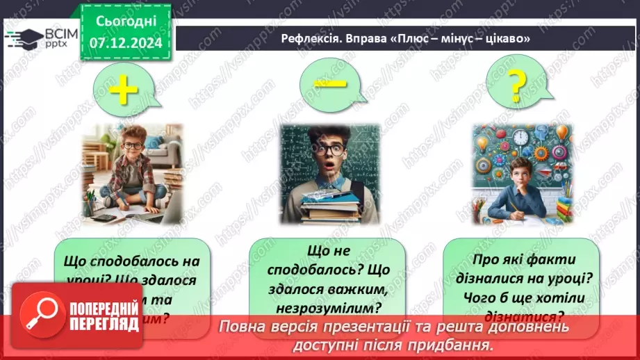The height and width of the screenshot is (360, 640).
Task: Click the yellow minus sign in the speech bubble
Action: (329, 83)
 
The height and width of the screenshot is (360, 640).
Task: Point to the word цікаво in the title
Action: (506, 39)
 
